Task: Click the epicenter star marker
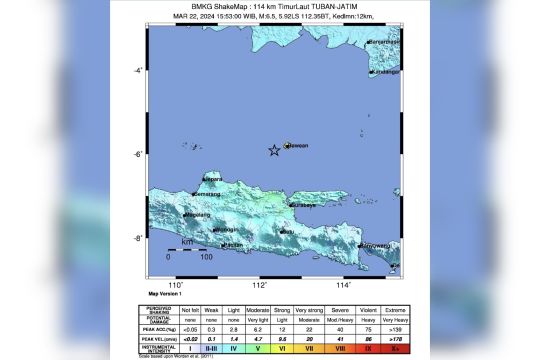pos(274,151)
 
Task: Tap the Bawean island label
pos(298,145)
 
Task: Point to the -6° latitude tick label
pos(140,153)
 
